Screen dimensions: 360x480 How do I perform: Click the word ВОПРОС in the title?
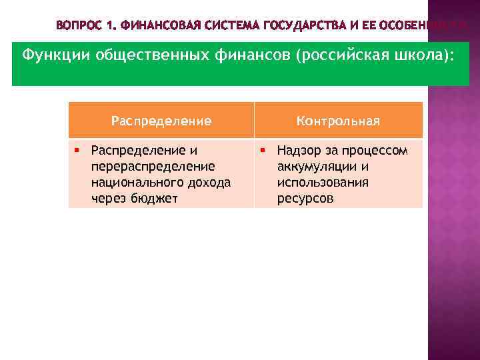tap(79, 26)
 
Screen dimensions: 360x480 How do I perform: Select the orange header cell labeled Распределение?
tap(161, 121)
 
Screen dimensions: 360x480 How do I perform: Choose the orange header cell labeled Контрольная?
tap(338, 121)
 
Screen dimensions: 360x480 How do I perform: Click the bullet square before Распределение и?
tap(78, 150)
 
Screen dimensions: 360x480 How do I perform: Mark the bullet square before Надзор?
tap(263, 150)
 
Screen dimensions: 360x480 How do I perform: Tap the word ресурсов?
tap(305, 198)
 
